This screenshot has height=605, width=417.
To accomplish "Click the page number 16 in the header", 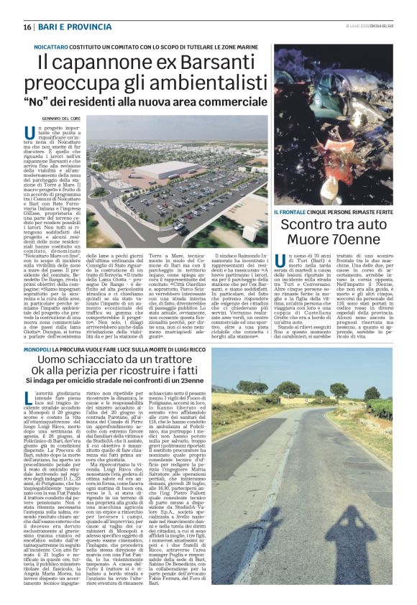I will point(27,27).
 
